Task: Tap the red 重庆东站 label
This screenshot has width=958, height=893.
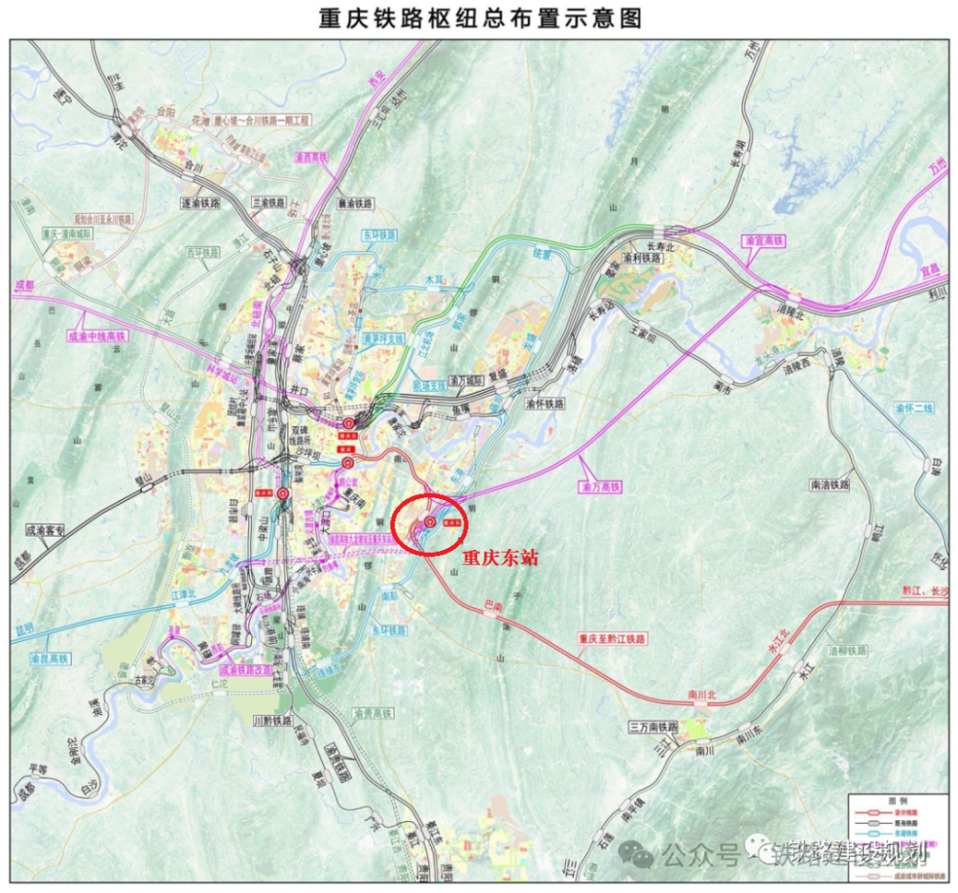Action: click(x=500, y=556)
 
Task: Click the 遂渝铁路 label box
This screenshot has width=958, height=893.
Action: click(x=201, y=203)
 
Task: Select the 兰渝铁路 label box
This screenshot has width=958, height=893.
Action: click(x=269, y=203)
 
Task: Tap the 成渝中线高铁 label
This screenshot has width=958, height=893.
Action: click(x=97, y=336)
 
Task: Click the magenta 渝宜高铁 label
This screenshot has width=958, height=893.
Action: click(x=764, y=240)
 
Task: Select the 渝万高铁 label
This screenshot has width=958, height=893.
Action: click(x=602, y=488)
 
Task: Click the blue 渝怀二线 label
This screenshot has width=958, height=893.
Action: click(x=914, y=408)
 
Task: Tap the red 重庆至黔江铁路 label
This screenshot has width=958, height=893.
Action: click(x=612, y=638)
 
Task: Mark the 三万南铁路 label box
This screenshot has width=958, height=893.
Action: click(x=653, y=727)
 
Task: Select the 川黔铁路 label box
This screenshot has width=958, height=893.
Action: click(x=271, y=720)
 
